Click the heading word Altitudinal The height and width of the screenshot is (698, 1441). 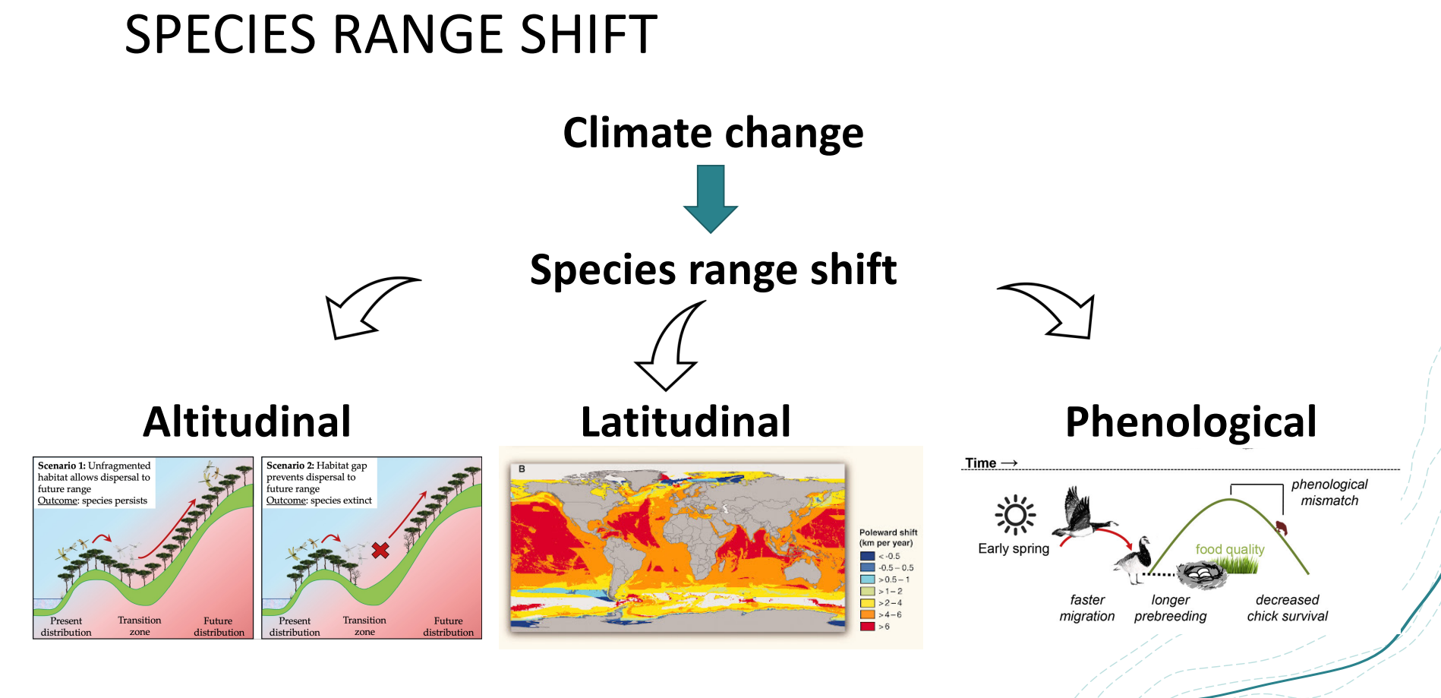point(248,422)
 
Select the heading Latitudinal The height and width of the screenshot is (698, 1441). point(686,422)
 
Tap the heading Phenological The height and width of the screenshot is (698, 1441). point(1190,422)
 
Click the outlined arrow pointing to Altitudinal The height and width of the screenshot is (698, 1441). point(364,308)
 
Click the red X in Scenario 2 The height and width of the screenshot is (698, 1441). point(380,550)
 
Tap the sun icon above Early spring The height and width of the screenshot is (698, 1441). point(1015,516)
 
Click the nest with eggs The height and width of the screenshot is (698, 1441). point(1202,575)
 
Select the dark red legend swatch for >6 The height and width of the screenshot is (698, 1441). point(867,627)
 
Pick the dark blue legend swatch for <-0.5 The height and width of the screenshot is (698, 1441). point(867,556)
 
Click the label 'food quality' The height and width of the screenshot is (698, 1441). point(1230,549)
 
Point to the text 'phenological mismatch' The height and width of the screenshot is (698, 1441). point(1329,492)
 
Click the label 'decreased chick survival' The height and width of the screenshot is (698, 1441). point(1288,608)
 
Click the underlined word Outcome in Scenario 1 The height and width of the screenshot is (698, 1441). point(58,501)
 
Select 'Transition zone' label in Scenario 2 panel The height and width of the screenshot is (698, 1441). point(364,626)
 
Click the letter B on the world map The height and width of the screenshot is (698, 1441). point(522,469)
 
